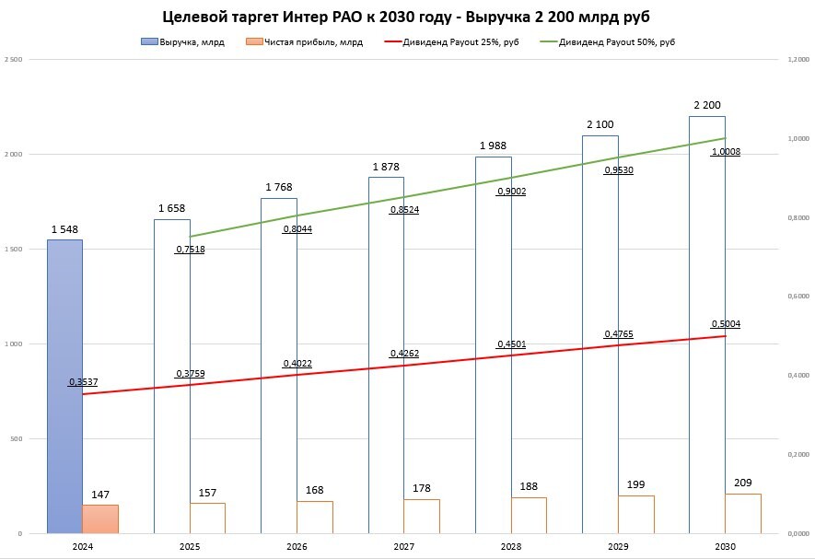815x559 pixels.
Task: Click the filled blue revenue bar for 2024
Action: tap(65, 387)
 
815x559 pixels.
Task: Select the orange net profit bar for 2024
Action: tap(100, 518)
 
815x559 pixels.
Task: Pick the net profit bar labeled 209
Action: tap(743, 513)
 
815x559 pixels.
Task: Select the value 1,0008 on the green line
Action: tap(726, 152)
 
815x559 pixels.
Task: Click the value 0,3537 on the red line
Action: tap(83, 381)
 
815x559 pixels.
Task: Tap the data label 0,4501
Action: tap(511, 344)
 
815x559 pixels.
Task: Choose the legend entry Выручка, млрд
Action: tap(183, 42)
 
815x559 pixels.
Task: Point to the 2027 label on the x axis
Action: tap(403, 547)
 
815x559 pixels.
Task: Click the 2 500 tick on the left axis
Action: tap(13, 59)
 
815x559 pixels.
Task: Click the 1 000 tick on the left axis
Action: tap(13, 344)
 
